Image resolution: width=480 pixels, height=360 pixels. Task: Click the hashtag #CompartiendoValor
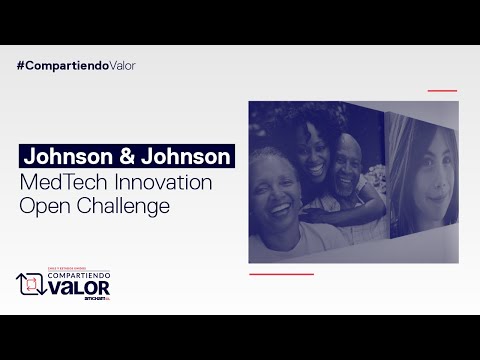coord(76,65)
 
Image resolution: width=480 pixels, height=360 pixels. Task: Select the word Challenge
coord(125,207)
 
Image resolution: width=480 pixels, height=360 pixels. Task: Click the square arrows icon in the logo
coord(31,285)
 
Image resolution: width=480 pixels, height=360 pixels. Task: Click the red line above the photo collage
coord(442,91)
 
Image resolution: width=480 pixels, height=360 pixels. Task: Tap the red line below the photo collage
coord(281,273)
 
